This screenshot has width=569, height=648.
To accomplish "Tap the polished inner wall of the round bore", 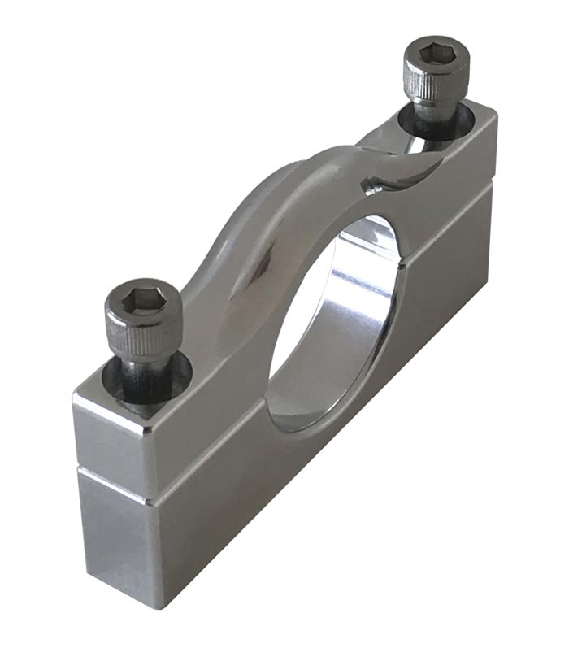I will click(358, 325).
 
